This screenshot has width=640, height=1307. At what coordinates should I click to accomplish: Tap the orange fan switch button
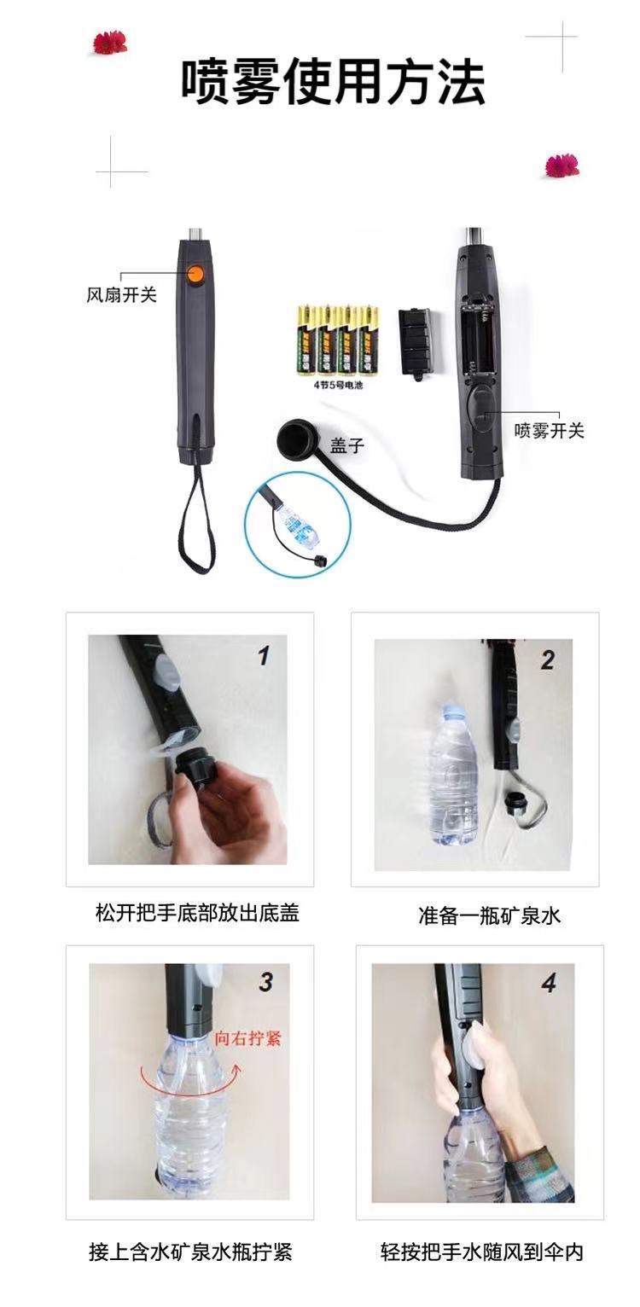pyautogui.click(x=195, y=274)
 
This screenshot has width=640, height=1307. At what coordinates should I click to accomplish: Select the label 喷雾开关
pyautogui.click(x=549, y=431)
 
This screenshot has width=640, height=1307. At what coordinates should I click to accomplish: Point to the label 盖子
pyautogui.click(x=347, y=445)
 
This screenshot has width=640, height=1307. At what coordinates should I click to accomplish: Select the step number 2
pyautogui.click(x=547, y=660)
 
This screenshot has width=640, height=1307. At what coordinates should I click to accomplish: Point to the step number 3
pyautogui.click(x=265, y=982)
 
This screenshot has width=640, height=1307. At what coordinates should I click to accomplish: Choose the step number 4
pyautogui.click(x=548, y=984)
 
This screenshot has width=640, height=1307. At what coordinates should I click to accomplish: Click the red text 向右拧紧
pyautogui.click(x=247, y=1038)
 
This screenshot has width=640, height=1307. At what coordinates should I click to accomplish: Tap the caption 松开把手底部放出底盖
pyautogui.click(x=197, y=914)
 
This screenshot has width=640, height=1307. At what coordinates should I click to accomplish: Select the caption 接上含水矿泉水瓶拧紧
pyautogui.click(x=190, y=1252)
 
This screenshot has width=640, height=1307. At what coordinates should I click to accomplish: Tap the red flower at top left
pyautogui.click(x=110, y=41)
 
